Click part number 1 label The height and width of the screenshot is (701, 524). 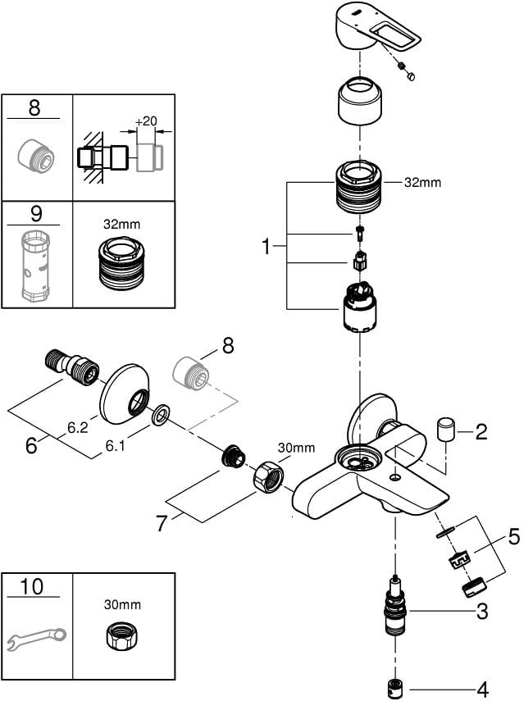266,246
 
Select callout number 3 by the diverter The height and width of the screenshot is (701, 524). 483,611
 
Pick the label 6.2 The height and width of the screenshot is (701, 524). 77,428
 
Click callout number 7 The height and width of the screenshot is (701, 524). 162,522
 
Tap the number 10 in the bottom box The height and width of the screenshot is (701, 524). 36,587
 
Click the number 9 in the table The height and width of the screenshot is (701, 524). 36,215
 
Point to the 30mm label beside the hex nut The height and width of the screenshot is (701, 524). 296,448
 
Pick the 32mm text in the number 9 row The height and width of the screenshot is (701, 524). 123,221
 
